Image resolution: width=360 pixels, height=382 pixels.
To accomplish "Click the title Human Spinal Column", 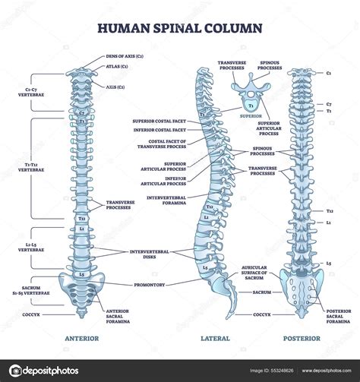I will click(x=179, y=28).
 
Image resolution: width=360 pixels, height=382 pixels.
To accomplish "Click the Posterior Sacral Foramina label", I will click(x=338, y=315).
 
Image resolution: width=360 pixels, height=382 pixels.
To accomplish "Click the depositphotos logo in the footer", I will click(x=47, y=371).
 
